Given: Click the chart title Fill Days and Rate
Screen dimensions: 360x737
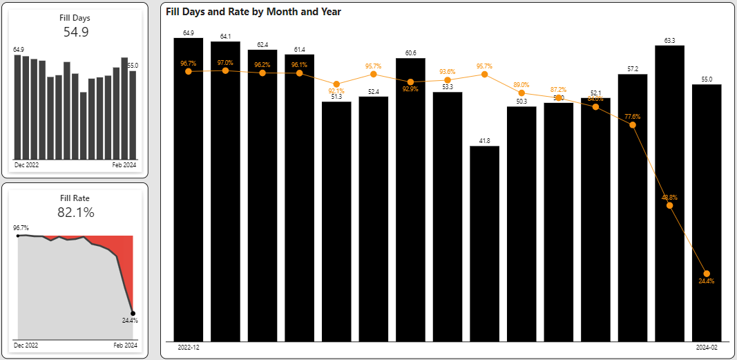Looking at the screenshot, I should tap(253, 12).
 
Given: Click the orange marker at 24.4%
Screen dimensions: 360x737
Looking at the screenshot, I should tap(707, 274).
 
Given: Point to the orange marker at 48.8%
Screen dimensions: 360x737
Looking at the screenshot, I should tap(669, 205).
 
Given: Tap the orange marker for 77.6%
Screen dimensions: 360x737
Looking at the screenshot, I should tap(633, 124).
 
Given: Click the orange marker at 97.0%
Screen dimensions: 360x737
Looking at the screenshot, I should tap(225, 70).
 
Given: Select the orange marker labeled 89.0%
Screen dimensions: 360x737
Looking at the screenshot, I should tap(521, 93).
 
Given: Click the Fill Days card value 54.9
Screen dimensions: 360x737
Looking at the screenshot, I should tap(75, 32).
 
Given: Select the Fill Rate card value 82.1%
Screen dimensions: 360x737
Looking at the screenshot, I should tap(75, 212).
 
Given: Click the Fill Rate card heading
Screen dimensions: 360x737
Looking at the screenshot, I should tap(75, 198).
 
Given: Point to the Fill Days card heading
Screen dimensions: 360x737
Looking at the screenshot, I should tap(75, 18).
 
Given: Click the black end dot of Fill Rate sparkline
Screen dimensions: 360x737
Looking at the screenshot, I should tap(133, 313).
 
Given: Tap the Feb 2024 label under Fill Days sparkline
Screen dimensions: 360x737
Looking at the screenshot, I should tap(125, 166).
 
